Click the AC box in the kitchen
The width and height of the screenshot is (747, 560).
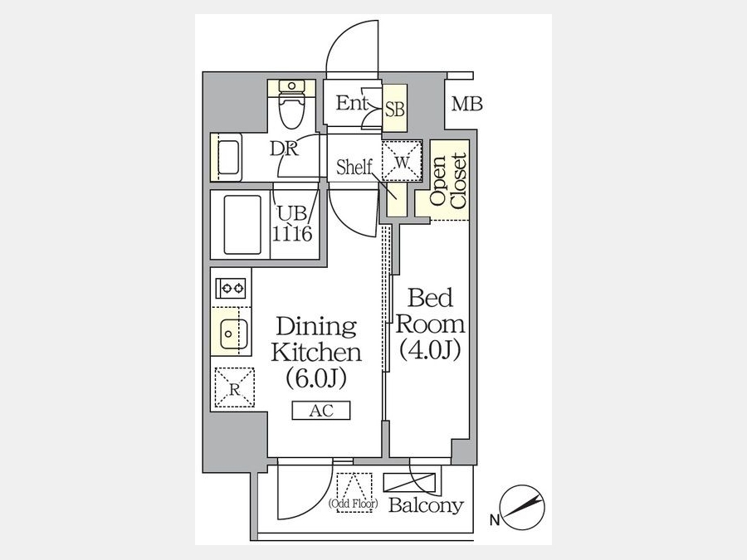click(x=321, y=411)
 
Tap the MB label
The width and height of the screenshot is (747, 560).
click(x=466, y=104)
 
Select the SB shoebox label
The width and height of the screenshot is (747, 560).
click(x=395, y=110)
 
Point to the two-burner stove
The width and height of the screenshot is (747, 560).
click(x=231, y=288)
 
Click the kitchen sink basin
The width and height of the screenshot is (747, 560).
click(x=233, y=334)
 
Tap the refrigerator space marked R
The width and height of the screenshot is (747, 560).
click(x=234, y=387)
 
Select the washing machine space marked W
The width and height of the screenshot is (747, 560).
click(x=402, y=160)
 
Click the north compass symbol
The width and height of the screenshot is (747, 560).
click(x=524, y=508)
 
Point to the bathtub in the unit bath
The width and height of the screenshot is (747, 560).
click(x=242, y=225)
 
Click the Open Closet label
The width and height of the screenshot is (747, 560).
click(x=448, y=180)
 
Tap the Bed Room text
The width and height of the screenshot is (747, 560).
click(x=430, y=311)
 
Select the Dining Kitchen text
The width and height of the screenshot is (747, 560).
click(x=316, y=339)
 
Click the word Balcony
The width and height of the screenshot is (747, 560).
click(x=426, y=505)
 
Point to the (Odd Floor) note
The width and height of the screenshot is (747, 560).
click(x=353, y=503)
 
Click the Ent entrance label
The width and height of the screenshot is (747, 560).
click(x=352, y=103)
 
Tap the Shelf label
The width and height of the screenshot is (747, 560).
click(x=354, y=167)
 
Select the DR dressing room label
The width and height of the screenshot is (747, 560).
click(x=284, y=149)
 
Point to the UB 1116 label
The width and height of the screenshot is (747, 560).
click(x=292, y=223)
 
